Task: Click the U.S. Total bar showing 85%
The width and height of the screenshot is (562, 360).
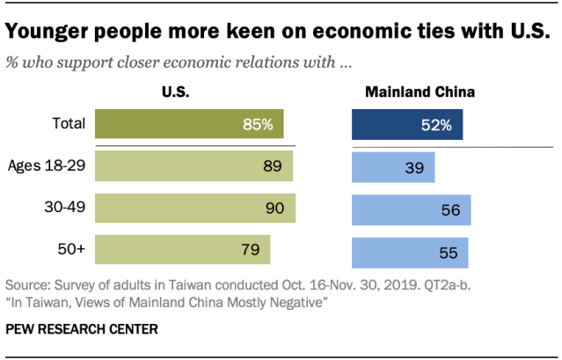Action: click(189, 124)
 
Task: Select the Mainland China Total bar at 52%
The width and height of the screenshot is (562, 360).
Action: click(406, 124)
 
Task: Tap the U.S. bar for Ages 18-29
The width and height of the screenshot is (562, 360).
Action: click(193, 166)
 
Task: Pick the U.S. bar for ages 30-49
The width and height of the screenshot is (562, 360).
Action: click(195, 209)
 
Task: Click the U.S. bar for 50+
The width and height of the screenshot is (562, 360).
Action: click(183, 250)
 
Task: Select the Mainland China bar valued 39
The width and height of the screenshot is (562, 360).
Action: click(393, 166)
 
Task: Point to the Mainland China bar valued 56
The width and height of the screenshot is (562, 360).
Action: click(411, 209)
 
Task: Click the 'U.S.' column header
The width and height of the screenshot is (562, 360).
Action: click(175, 92)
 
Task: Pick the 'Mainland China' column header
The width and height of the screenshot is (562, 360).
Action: click(408, 92)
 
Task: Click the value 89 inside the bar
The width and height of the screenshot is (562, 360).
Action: click(271, 166)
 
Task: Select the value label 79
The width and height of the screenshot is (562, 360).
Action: click(249, 250)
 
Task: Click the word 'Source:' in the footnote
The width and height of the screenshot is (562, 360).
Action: click(29, 286)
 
